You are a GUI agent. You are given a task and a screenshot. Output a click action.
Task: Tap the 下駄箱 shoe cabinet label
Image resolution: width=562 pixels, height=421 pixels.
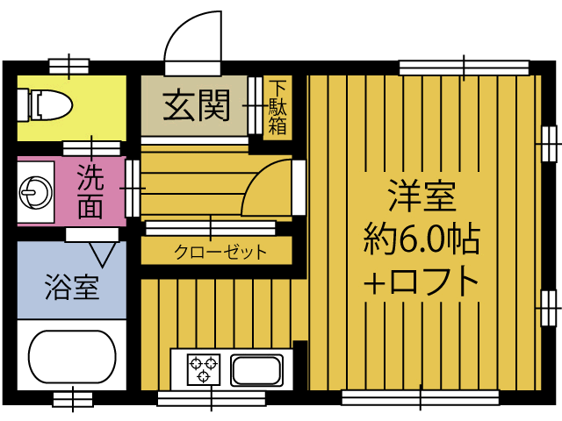pyautogui.click(x=277, y=107)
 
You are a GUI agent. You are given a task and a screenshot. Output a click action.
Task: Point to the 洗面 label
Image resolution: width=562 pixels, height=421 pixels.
pyautogui.click(x=90, y=191)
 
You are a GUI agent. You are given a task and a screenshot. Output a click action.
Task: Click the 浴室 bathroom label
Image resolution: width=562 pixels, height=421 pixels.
pyautogui.click(x=71, y=286)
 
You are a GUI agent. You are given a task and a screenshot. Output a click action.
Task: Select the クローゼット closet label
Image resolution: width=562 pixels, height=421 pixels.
pyautogui.click(x=220, y=253)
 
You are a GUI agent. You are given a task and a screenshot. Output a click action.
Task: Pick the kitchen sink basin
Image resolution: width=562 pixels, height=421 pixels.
pyautogui.click(x=256, y=369)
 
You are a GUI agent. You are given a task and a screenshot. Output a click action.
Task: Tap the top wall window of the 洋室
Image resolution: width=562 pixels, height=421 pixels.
pyautogui.click(x=464, y=67)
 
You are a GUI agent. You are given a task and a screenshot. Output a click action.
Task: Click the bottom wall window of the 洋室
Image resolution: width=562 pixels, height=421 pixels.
pyautogui.click(x=420, y=397)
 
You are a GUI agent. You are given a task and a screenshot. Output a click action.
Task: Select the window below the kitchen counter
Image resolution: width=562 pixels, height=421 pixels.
pyautogui.click(x=211, y=398)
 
